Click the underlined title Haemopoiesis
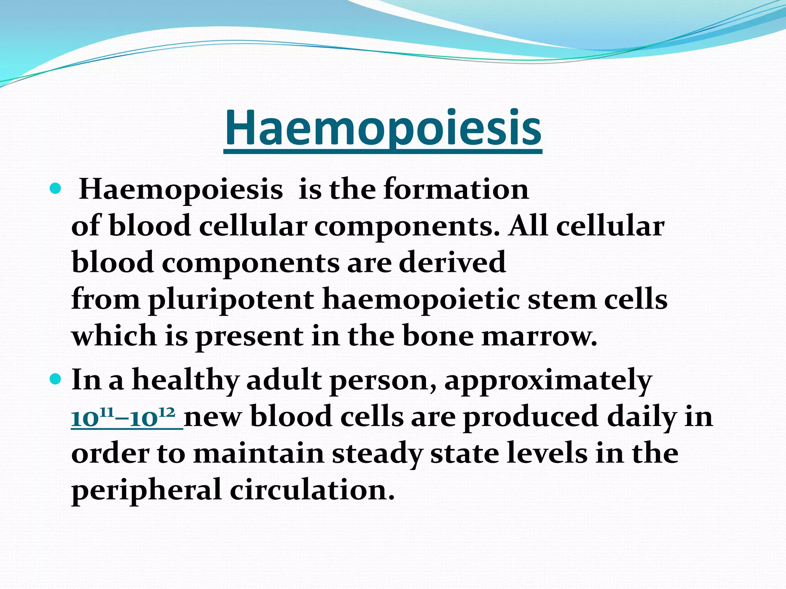pyautogui.click(x=383, y=128)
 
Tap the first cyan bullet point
pyautogui.click(x=56, y=189)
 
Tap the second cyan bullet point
pyautogui.click(x=56, y=380)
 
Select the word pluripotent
pyautogui.click(x=231, y=300)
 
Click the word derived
pyautogui.click(x=452, y=263)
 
